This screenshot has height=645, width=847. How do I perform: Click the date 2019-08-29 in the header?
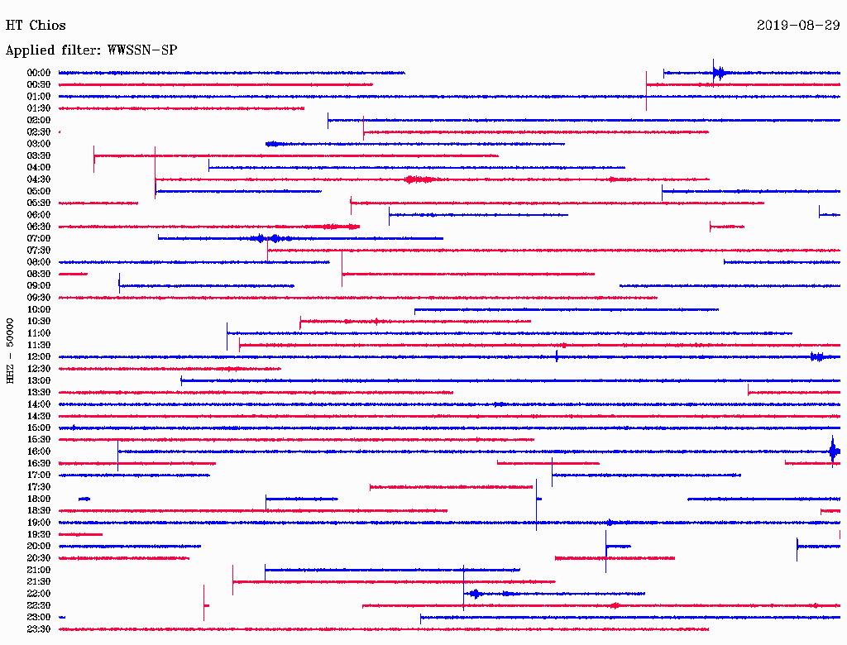coord(798,26)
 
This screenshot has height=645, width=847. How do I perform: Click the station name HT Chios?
coord(36,26)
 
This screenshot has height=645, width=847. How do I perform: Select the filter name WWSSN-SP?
coord(142,50)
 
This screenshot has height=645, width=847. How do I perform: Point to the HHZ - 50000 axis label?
coord(10,351)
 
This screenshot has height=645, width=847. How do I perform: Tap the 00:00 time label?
coord(39,73)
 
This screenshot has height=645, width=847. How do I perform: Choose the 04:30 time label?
coord(39,179)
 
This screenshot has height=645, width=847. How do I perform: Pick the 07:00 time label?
coord(39,238)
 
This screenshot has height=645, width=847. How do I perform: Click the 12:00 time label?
coord(39,356)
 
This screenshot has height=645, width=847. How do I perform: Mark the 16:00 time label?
coord(39,451)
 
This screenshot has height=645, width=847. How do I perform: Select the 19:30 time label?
coord(39,534)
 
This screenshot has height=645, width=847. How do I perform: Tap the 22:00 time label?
coord(39,594)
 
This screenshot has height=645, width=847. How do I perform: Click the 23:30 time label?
coord(39,628)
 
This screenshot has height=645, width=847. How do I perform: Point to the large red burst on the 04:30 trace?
coord(419,179)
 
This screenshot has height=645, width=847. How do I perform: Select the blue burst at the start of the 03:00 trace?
coord(273,144)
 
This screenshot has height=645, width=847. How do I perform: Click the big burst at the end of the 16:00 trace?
coord(835,451)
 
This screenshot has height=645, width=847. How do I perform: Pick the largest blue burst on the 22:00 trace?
coord(475,594)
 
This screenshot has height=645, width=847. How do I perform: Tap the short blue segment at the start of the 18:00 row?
coord(84,499)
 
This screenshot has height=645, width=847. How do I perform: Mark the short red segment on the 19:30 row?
coord(80,535)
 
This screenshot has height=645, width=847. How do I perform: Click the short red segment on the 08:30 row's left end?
coord(73,275)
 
